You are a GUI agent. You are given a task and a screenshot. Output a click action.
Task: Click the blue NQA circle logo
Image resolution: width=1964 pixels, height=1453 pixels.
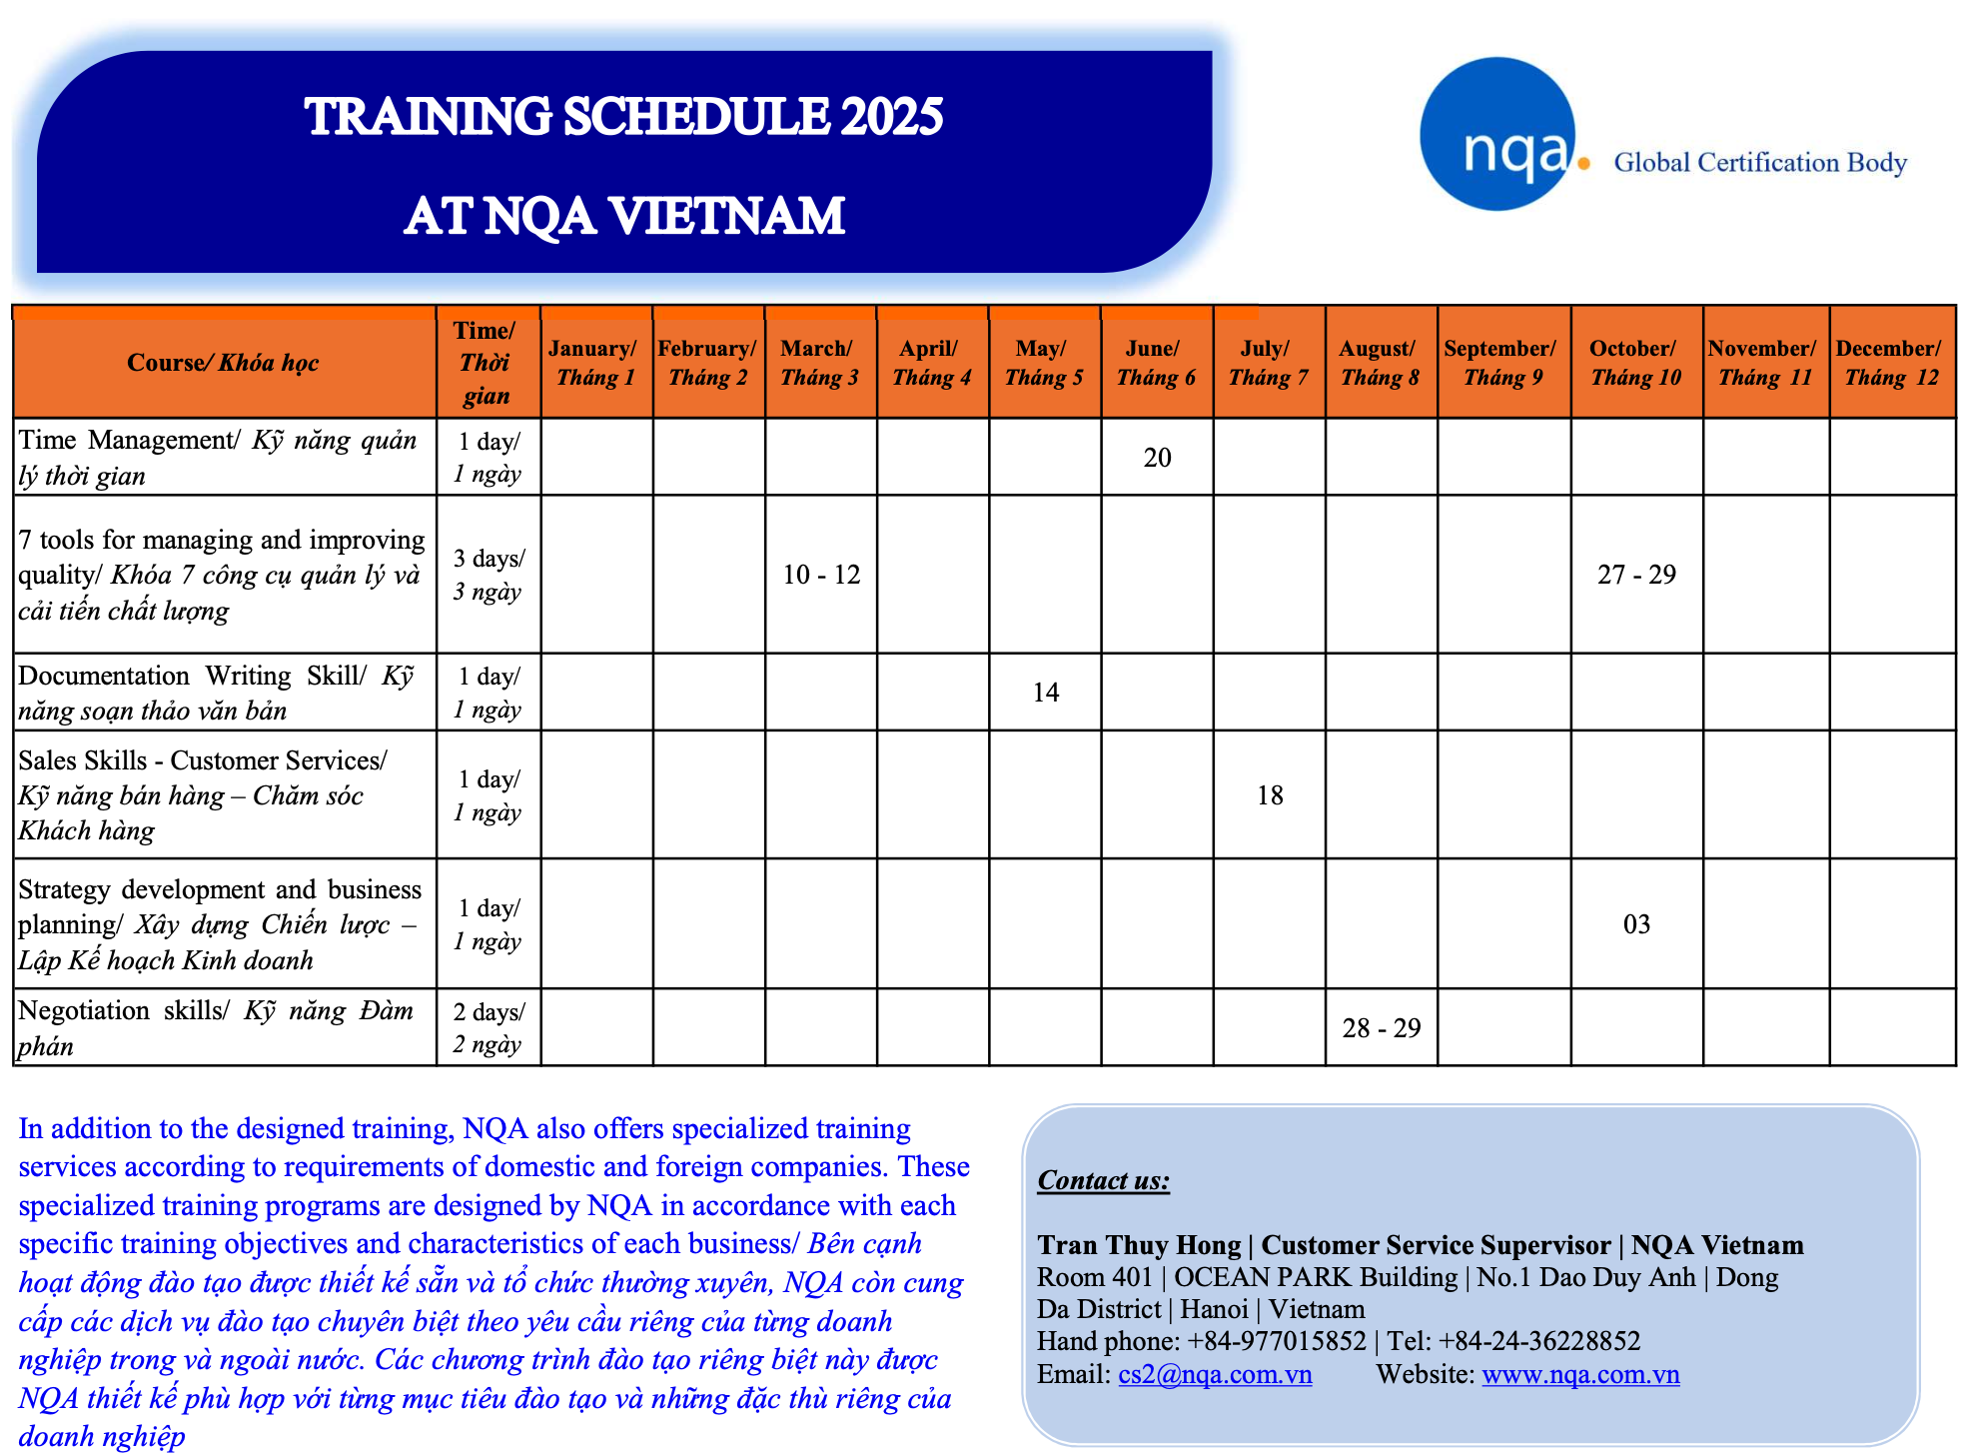click(1497, 134)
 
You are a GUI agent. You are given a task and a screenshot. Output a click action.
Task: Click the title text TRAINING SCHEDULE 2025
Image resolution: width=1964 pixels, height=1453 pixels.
click(624, 117)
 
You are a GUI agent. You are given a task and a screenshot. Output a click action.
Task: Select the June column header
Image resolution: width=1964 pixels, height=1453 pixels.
click(1157, 363)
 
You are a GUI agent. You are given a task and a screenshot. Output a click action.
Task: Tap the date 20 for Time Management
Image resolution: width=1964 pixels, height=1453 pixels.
click(1158, 458)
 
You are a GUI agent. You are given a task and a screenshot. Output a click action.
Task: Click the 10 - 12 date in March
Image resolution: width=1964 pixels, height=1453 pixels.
click(821, 575)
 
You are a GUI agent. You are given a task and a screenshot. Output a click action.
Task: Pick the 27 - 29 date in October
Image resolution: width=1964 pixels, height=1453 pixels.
click(1636, 575)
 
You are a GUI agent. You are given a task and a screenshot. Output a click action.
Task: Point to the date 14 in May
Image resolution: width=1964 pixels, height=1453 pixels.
click(1046, 693)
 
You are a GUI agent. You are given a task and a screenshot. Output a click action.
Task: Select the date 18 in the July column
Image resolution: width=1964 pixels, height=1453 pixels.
click(1270, 795)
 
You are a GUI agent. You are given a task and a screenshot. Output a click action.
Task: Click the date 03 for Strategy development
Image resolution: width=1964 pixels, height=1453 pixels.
click(1636, 924)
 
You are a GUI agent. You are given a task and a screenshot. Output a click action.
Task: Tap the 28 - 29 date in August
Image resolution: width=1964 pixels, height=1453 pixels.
click(1382, 1028)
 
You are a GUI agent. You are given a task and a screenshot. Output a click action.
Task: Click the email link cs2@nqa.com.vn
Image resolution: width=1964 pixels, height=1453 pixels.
click(1215, 1374)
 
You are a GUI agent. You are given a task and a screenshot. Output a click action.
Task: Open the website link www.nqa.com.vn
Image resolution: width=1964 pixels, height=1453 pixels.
click(1580, 1374)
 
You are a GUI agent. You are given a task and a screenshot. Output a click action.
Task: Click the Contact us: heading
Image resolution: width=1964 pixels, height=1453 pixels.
click(1104, 1180)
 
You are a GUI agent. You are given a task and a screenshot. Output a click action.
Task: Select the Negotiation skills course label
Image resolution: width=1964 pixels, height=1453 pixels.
click(216, 1028)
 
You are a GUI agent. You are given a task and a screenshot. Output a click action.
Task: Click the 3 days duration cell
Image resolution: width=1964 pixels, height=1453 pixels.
click(489, 575)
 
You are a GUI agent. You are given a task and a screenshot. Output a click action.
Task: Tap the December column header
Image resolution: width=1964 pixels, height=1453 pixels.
click(1892, 363)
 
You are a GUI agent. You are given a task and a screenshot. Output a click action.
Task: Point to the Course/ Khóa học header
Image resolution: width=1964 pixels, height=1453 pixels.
click(223, 363)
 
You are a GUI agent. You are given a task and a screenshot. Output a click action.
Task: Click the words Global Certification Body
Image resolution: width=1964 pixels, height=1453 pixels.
click(1760, 163)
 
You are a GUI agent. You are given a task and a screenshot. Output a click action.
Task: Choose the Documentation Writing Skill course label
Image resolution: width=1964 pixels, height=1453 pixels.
click(216, 693)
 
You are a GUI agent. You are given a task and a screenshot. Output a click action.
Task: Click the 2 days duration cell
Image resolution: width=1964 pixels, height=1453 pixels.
click(489, 1028)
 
